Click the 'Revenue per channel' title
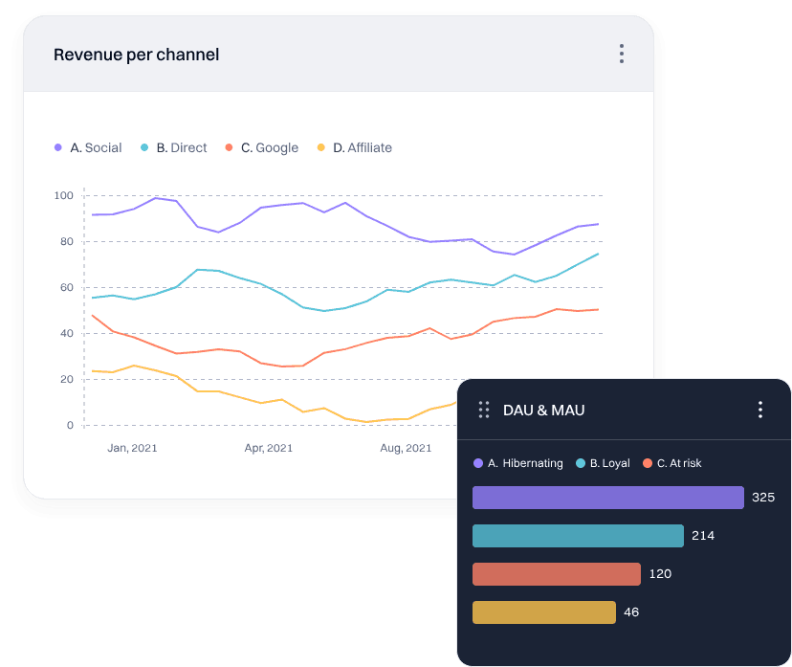pos(136,55)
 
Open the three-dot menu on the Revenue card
pos(622,54)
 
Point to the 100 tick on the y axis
pos(64,195)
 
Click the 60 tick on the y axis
pos(64,287)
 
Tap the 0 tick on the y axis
pos(69,425)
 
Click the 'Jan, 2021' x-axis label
pos(132,447)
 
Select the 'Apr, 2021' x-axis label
pos(268,447)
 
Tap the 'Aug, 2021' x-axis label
pos(406,447)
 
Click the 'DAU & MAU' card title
pos(543,410)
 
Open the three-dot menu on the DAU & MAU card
pos(760,410)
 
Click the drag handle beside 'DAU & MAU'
pos(484,410)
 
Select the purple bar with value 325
pos(607,498)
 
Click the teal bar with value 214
pos(578,536)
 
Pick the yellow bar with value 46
pos(543,612)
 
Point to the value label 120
pos(660,574)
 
